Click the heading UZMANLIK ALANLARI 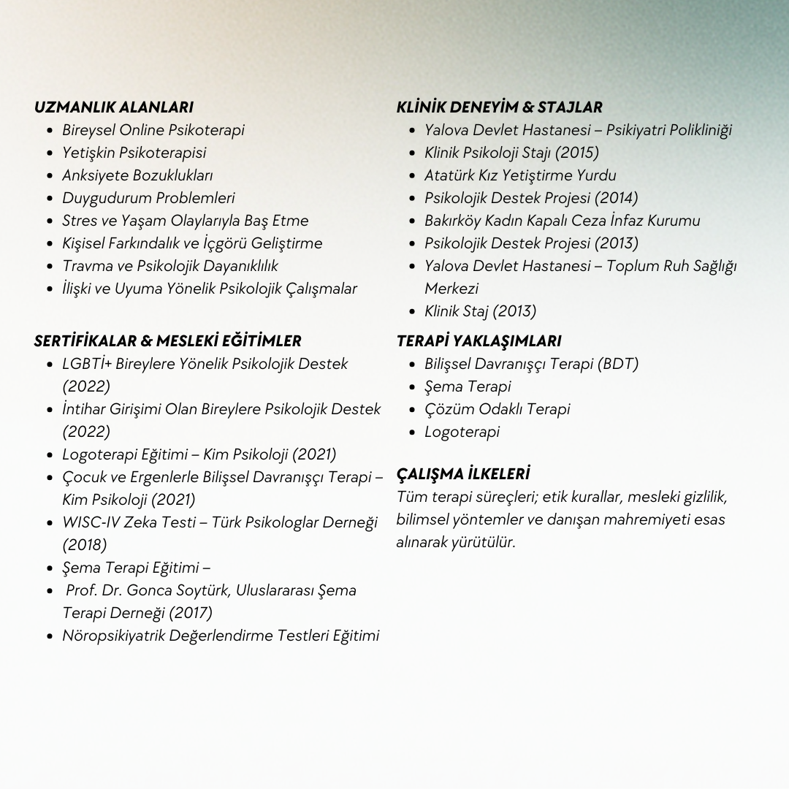[x=113, y=107]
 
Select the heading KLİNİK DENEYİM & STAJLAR [x=499, y=107]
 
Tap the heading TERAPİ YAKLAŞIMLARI [x=479, y=341]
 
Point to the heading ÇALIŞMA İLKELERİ [x=462, y=474]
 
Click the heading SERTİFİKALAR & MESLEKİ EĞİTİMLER [x=167, y=341]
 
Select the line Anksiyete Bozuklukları [x=137, y=175]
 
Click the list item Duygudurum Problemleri [x=148, y=198]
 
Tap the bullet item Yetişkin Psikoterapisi [x=134, y=153]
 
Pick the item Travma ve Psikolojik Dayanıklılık [x=169, y=266]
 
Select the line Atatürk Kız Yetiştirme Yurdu [x=520, y=175]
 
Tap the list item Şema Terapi [x=468, y=386]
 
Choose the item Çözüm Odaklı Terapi [x=497, y=409]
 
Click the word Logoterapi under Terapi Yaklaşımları [x=462, y=432]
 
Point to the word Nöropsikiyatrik [x=113, y=636]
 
